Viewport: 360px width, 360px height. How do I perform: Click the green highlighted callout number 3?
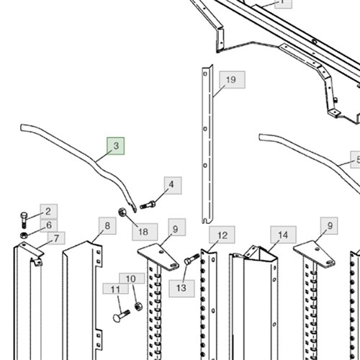[116, 146]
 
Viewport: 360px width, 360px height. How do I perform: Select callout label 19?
[232, 80]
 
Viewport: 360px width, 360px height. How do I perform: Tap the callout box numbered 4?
[173, 185]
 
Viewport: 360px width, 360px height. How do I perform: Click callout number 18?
[145, 232]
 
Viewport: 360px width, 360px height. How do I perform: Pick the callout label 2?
[49, 212]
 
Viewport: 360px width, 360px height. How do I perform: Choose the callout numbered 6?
[49, 225]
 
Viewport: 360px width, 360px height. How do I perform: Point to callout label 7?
[56, 238]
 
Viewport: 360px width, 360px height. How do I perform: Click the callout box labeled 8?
[107, 226]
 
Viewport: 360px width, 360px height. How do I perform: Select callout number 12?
[222, 235]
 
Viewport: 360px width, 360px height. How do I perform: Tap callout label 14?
[283, 235]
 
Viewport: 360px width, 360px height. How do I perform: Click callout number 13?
[181, 288]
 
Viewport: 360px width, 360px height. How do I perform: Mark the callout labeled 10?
[132, 279]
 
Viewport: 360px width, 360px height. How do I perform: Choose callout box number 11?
[115, 289]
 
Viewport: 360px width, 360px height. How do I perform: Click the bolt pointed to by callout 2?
[24, 220]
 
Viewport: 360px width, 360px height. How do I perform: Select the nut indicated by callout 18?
[122, 212]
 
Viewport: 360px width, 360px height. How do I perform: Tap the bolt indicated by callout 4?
[148, 204]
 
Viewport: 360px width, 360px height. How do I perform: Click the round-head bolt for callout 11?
[121, 315]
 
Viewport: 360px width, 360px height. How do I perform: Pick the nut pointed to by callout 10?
[138, 307]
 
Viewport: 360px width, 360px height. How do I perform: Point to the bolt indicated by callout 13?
[192, 258]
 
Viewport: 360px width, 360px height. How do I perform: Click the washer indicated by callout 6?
[24, 235]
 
